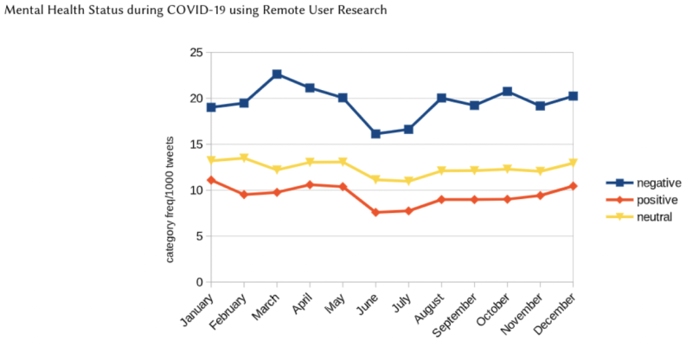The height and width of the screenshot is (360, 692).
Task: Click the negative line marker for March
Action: tap(277, 74)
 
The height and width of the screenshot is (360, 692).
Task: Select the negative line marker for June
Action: tap(375, 134)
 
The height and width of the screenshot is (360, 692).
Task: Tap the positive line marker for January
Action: tap(212, 180)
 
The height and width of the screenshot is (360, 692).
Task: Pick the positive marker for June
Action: tap(375, 212)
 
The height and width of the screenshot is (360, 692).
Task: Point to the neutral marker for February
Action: tap(245, 158)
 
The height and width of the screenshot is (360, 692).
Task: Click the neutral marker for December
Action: tap(573, 163)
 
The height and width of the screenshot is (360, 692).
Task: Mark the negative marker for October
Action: tap(507, 92)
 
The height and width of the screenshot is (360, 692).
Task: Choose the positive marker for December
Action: tap(573, 186)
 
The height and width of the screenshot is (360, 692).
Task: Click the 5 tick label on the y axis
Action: tap(199, 236)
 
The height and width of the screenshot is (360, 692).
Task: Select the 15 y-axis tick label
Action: tap(195, 145)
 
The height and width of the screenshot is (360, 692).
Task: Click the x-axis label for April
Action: tap(298, 302)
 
